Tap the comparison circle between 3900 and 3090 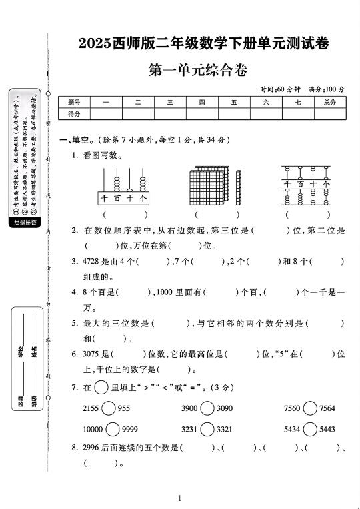coord(207,408)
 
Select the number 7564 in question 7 coord(327,408)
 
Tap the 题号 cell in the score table coord(74,102)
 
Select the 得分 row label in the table coord(74,114)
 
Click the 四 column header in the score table coord(202,102)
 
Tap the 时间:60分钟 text coord(280,89)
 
